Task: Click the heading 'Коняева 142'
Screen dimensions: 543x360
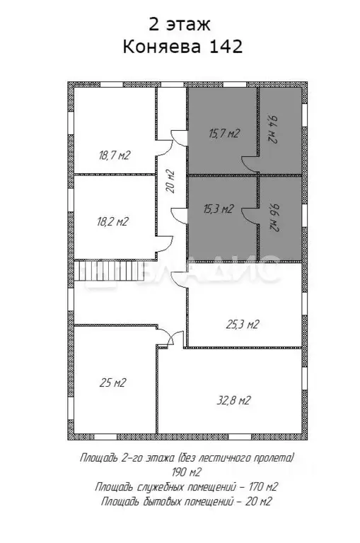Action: [x=183, y=47]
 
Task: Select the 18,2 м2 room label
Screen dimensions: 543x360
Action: [x=112, y=221]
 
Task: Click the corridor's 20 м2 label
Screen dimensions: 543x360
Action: [x=170, y=182]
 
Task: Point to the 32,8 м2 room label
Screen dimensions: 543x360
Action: [x=233, y=400]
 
